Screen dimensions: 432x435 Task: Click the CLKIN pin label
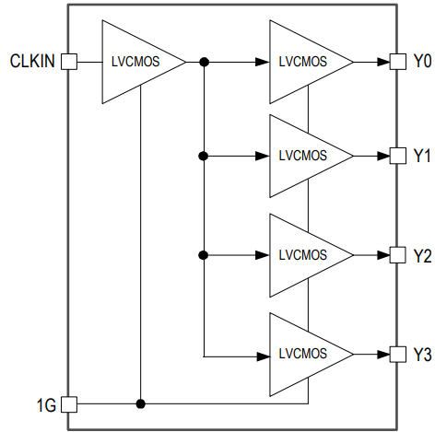[32, 62]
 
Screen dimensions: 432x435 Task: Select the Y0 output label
[422, 62]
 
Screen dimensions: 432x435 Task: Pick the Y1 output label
[422, 155]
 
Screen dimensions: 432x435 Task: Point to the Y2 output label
[422, 254]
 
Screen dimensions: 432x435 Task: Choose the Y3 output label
[422, 354]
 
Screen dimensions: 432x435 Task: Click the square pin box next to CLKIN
[68, 62]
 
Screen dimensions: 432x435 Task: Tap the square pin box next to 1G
[68, 403]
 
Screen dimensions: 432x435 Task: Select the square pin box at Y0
[398, 62]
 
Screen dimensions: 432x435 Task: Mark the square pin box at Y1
[398, 155]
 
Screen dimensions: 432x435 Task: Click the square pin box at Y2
[398, 254]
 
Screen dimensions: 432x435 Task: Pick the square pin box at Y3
[398, 354]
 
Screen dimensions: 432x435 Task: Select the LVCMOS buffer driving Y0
[304, 62]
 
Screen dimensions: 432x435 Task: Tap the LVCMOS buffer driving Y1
[304, 155]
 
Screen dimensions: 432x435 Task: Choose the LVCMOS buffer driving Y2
[304, 254]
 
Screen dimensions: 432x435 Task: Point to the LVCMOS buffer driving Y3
[304, 354]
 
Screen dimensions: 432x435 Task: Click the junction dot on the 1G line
[140, 403]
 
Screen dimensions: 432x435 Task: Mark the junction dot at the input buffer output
[203, 62]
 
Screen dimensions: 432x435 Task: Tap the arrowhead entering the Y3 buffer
[263, 354]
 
